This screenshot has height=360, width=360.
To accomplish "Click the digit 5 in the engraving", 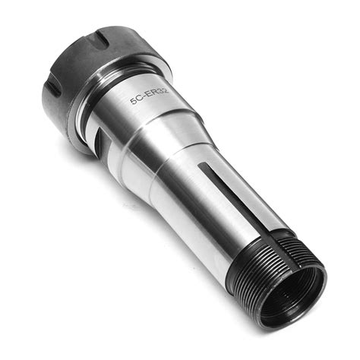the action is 133,101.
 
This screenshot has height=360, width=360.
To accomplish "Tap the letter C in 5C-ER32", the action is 139,99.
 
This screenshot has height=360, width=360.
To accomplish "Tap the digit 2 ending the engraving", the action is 165,89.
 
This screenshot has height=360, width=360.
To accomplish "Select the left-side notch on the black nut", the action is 54,90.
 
